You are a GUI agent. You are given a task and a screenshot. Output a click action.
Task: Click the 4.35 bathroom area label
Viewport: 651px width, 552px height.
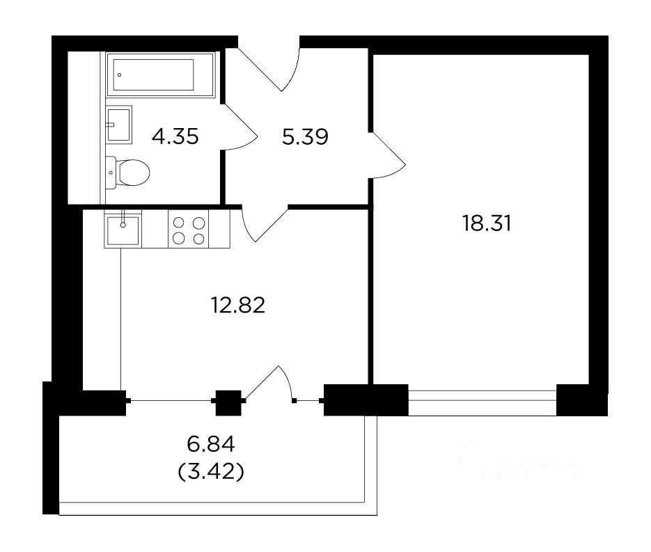175,136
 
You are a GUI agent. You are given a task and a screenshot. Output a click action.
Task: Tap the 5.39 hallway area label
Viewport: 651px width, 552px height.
305,136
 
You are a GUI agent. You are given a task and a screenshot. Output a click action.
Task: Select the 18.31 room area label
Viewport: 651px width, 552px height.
487,223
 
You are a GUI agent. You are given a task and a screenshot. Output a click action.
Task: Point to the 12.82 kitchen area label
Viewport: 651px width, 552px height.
238,306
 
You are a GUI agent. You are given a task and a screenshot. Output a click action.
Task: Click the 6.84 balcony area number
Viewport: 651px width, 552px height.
211,445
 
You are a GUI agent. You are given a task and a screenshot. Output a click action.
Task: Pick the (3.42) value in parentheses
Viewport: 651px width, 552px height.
210,472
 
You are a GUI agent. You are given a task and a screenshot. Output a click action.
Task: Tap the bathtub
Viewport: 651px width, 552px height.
160,74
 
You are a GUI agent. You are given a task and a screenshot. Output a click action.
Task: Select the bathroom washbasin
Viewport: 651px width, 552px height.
119,125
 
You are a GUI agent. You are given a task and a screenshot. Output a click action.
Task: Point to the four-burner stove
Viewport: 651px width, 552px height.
189,230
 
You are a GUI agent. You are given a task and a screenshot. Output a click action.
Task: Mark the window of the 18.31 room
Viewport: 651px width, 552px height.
482,400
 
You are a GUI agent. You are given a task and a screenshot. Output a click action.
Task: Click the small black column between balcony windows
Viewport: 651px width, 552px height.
228,402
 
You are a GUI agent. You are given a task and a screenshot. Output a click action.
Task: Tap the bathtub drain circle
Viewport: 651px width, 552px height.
120,75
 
